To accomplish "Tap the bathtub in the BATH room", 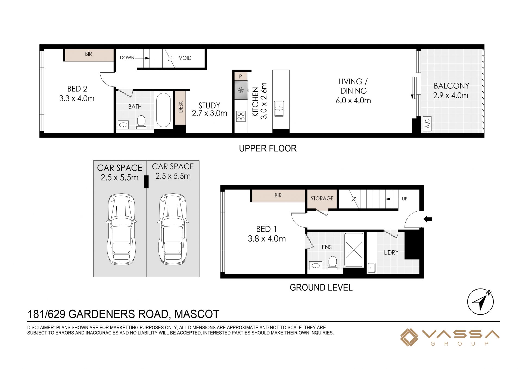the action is [x=163, y=110].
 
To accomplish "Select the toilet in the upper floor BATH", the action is [x=141, y=122].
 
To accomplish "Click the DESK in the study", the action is [x=180, y=107].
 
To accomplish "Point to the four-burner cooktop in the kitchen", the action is [x=241, y=116].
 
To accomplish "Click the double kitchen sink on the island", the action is [x=279, y=109].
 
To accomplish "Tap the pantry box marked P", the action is [x=241, y=76].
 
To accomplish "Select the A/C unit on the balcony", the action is [x=427, y=124].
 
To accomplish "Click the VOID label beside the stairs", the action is [x=185, y=58].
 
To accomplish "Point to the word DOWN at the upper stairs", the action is [x=127, y=58].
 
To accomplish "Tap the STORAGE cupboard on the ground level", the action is [x=322, y=199].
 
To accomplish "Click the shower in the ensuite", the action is [x=353, y=250].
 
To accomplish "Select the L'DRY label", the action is [x=391, y=253].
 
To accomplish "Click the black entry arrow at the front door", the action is [x=428, y=219].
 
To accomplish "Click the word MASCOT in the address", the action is [x=197, y=314].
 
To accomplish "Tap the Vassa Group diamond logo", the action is [x=409, y=337].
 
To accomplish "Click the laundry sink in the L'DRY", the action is [x=372, y=268].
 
